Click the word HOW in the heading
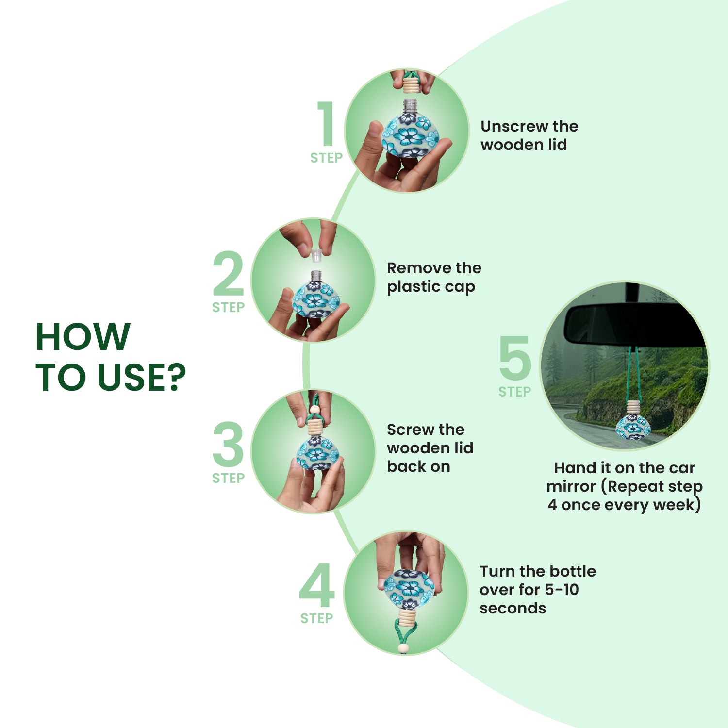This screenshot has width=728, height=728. [x=83, y=336]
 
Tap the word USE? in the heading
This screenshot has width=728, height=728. [x=142, y=377]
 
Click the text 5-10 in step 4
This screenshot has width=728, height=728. [x=562, y=590]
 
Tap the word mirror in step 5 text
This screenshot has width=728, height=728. [x=571, y=486]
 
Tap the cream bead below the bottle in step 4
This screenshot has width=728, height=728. [x=403, y=648]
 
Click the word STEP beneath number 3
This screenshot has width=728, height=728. [x=228, y=478]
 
